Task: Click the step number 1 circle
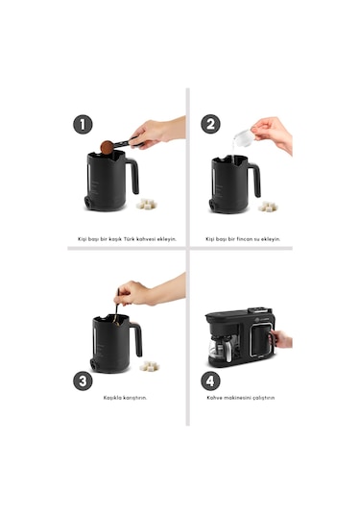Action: pos(84,124)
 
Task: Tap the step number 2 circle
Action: pos(211,124)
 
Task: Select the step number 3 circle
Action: pos(84,380)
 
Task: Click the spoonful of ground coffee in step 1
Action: pos(108,147)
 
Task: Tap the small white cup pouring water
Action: pos(244,139)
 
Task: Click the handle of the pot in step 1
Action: pos(132,176)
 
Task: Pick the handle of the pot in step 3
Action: pos(135,338)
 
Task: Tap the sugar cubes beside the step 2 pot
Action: pos(269,206)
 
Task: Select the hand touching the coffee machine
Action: pos(281,338)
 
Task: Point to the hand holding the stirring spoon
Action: pos(136,293)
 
